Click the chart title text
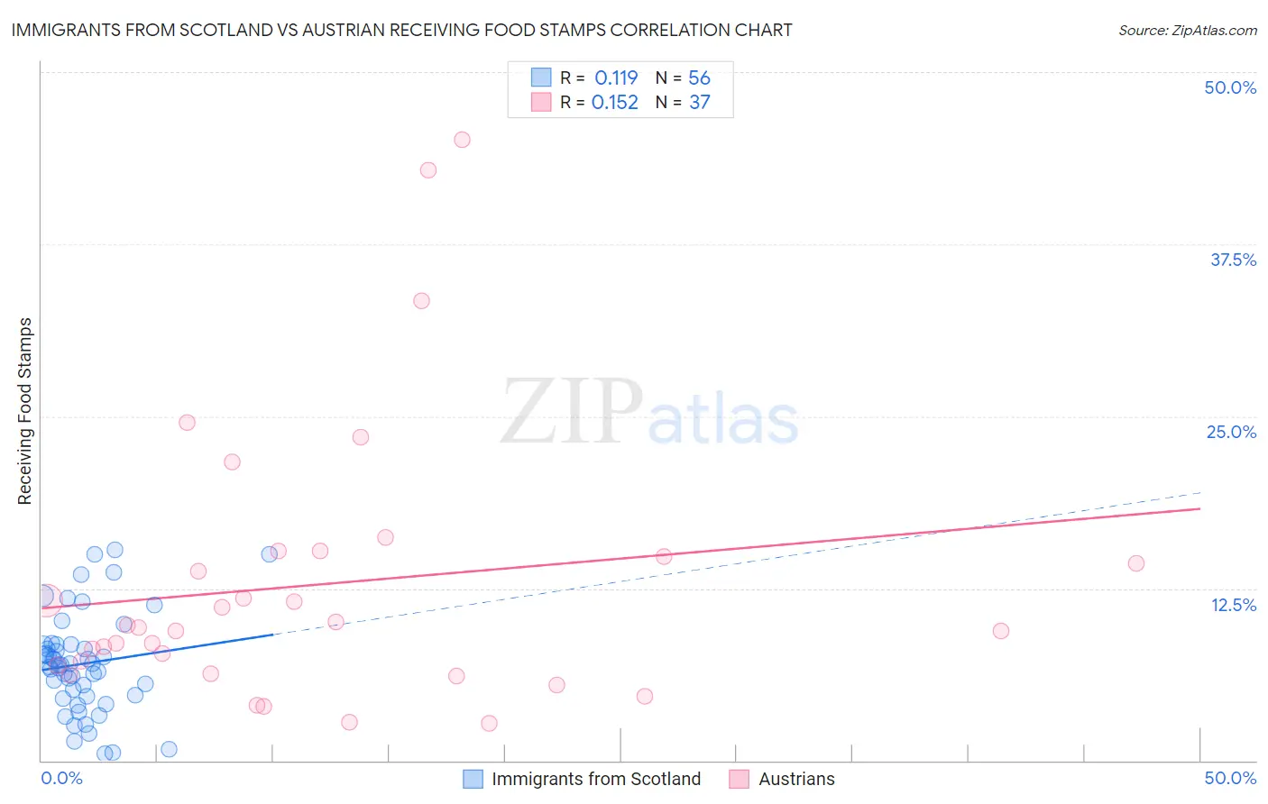coord(401,30)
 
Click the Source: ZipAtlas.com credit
coord(1187,30)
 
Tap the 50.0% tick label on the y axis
coord(1230,87)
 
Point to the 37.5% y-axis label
coord(1233,260)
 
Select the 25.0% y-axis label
coord(1231,432)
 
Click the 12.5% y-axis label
coord(1233,605)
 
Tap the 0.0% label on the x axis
coord(61,778)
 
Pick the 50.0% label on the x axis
coord(1230,778)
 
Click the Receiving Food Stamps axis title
coord(25,411)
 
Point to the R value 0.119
coord(616,78)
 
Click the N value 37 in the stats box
coord(700,103)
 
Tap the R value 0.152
coord(615,103)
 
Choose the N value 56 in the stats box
coord(700,78)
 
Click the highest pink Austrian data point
coord(462,140)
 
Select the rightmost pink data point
coord(1135,563)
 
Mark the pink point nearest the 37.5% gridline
coord(421,301)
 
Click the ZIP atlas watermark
coord(649,413)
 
